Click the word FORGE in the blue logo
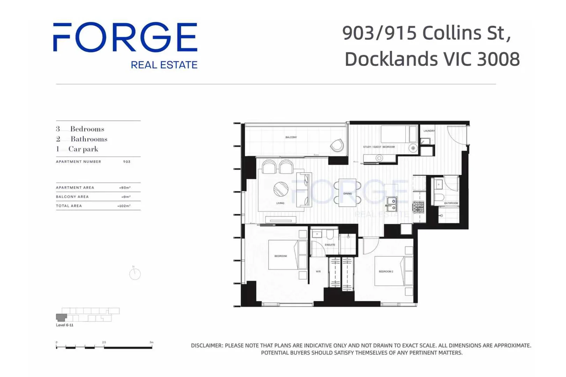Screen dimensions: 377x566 [x=125, y=37]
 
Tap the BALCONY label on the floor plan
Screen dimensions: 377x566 [x=291, y=137]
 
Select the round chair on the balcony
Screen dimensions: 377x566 [x=337, y=145]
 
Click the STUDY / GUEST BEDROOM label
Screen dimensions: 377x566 [x=379, y=147]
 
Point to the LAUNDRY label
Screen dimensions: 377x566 [x=429, y=131]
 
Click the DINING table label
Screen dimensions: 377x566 [x=347, y=193]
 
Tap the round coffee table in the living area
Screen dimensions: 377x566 [x=281, y=190]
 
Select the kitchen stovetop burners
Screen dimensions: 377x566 [x=419, y=207]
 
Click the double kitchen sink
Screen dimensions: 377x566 [x=392, y=204]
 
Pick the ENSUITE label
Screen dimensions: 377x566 [x=330, y=245]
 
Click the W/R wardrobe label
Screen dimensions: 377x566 [x=318, y=271]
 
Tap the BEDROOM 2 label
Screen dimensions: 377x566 [x=386, y=271]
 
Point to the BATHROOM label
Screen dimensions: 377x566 [x=451, y=203]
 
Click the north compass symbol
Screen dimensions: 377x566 [x=135, y=274]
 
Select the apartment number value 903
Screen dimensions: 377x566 [x=127, y=162]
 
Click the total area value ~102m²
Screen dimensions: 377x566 [x=124, y=206]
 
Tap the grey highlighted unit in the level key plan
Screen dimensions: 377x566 [x=61, y=317]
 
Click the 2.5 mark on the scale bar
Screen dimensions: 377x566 [x=104, y=342]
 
